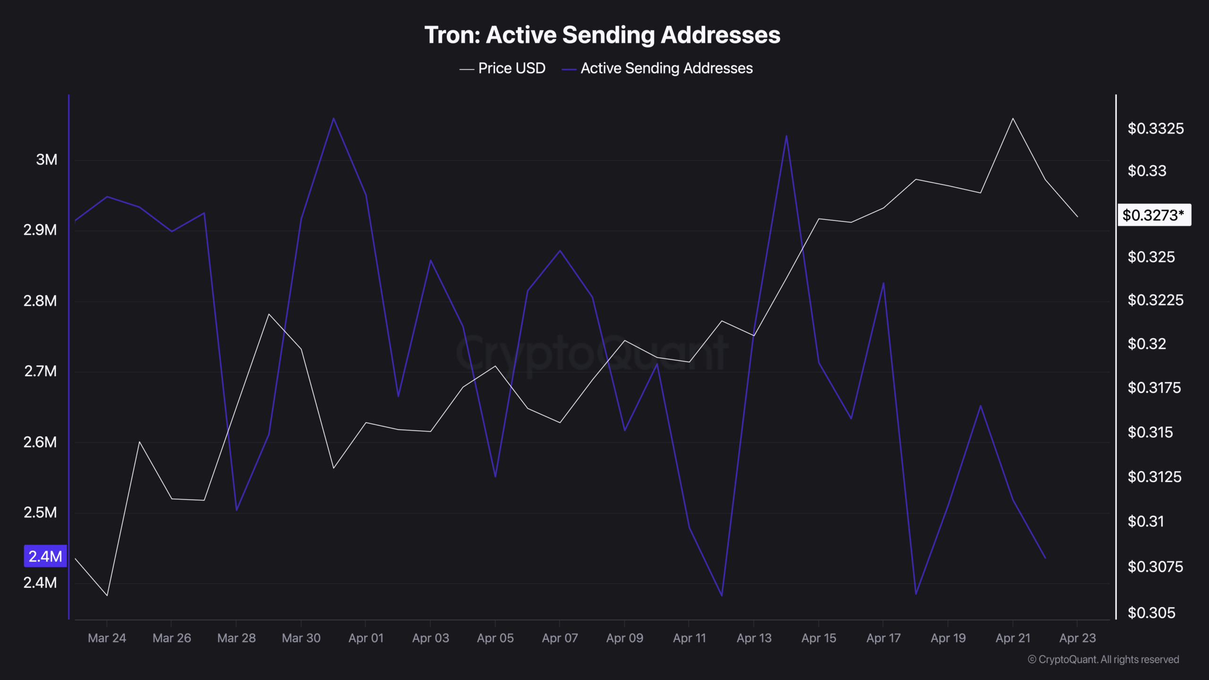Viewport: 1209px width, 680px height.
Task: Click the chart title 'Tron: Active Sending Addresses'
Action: click(602, 35)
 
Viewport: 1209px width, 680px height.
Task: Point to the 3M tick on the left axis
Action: click(46, 160)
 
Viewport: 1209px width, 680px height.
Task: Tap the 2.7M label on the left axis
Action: click(40, 371)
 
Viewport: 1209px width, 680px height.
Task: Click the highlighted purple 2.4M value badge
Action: click(45, 556)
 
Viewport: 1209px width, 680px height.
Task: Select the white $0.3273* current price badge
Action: click(1153, 215)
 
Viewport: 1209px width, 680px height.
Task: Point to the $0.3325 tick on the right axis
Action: click(1155, 128)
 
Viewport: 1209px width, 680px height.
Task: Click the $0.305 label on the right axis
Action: click(1151, 612)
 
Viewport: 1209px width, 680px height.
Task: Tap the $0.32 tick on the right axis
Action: click(1147, 344)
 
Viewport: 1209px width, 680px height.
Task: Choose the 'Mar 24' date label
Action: click(107, 638)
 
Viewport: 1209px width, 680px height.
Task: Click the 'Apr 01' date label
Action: click(366, 638)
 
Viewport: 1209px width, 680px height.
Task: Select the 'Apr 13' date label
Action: click(754, 638)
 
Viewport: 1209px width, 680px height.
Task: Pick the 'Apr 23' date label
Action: click(1077, 638)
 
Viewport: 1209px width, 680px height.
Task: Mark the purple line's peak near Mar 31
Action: click(333, 118)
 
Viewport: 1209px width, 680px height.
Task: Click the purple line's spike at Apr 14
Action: click(786, 136)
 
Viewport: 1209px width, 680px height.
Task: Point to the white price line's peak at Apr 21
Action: click(1013, 119)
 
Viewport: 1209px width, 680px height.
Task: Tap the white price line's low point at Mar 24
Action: click(107, 595)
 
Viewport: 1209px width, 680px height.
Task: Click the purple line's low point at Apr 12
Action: click(722, 595)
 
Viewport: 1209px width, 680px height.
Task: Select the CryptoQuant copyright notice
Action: click(1103, 659)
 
